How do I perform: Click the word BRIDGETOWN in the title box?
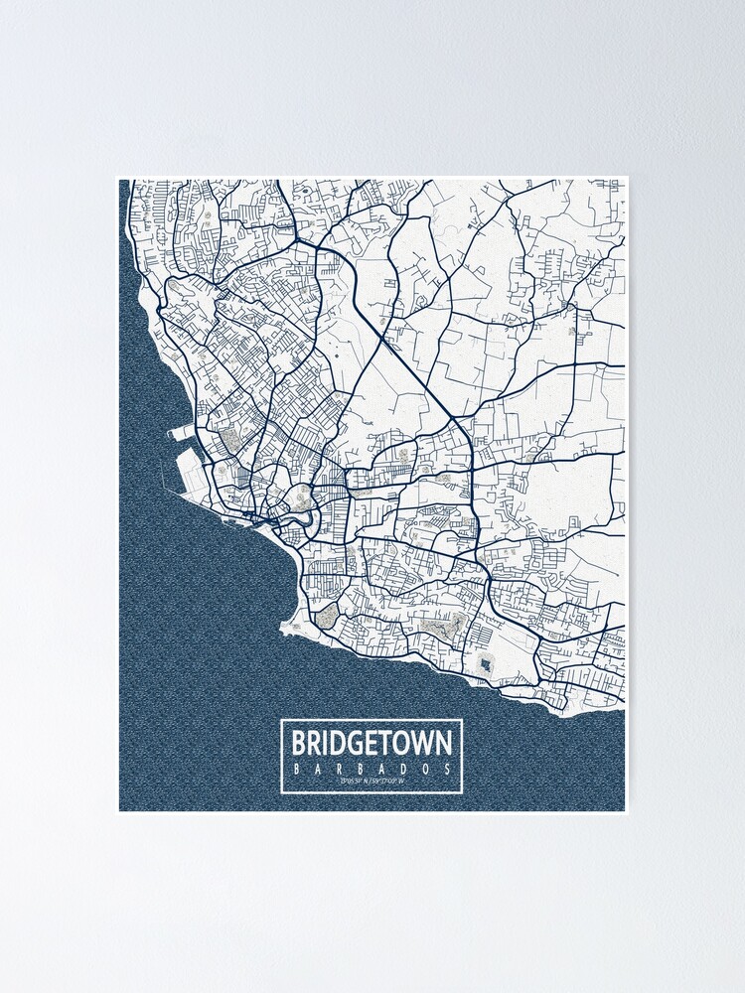pos(372,744)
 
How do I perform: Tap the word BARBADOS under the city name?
pos(372,769)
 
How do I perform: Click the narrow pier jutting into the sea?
pos(184,433)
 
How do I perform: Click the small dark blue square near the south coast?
pos(484,663)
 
